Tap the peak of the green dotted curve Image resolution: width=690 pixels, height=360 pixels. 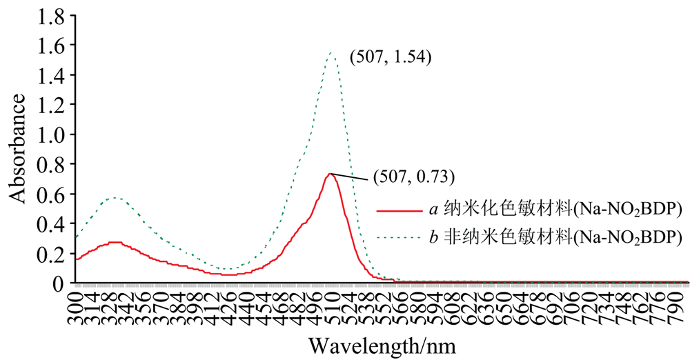pos(332,52)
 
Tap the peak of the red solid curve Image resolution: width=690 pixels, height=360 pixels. pos(331,173)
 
